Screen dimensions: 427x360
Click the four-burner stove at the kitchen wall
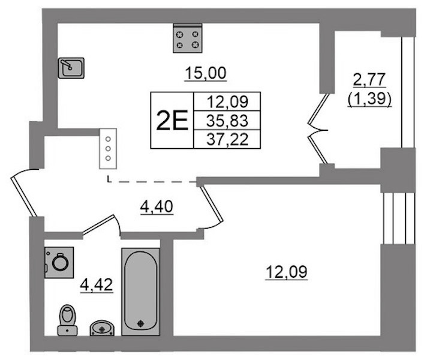188,38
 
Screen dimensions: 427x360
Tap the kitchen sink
71,68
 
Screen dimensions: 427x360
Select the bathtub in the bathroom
140,292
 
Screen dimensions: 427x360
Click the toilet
68,320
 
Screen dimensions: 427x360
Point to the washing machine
59,262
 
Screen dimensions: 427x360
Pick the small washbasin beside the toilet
102,328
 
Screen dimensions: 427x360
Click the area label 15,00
206,73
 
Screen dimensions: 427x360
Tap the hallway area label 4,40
157,206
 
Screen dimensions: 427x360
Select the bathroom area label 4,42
97,285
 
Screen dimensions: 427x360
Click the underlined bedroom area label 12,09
287,272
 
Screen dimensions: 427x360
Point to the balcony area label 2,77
369,79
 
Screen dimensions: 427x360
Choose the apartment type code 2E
172,120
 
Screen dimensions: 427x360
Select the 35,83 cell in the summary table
227,121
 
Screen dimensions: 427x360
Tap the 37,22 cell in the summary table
227,139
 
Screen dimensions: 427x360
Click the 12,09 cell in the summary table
227,101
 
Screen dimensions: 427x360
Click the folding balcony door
318,128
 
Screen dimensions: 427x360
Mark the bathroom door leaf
98,224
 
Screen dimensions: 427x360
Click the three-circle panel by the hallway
108,149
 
